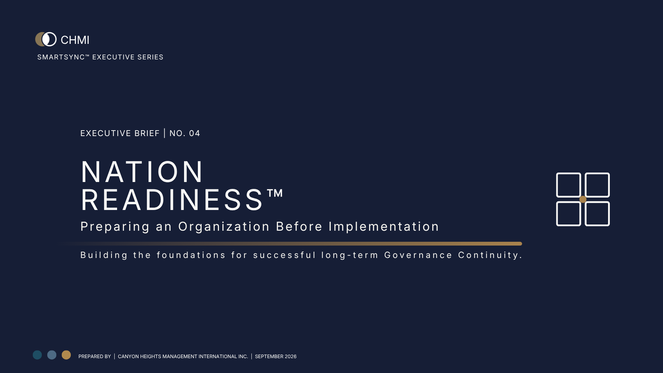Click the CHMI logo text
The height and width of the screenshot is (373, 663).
click(x=75, y=40)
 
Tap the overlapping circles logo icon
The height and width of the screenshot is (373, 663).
click(x=46, y=39)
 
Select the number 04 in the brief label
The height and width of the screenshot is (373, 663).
click(x=194, y=133)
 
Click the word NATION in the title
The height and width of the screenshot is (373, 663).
click(x=142, y=172)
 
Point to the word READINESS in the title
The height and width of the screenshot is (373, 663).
click(x=172, y=200)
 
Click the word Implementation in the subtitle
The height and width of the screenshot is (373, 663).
click(x=384, y=227)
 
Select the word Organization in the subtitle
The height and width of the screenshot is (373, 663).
click(x=224, y=227)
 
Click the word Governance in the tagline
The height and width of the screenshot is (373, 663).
click(x=418, y=255)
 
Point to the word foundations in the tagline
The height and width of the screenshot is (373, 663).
click(x=191, y=255)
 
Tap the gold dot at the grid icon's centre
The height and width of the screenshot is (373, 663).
click(x=583, y=199)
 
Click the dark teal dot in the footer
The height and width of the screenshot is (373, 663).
click(x=37, y=355)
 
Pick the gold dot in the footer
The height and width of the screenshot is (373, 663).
click(x=66, y=355)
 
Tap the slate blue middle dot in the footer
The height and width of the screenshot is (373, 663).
click(x=52, y=355)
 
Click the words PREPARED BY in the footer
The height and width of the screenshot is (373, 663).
click(x=95, y=356)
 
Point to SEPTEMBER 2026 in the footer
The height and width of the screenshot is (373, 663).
click(x=276, y=356)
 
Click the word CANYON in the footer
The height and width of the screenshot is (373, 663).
click(x=128, y=356)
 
